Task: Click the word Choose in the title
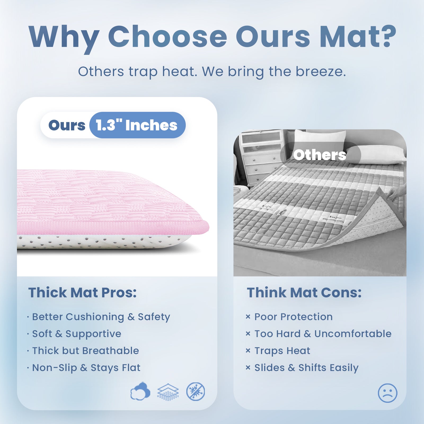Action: coord(167,37)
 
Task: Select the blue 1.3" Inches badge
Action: coord(138,125)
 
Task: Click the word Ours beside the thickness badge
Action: coord(67,125)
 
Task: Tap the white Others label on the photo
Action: coord(320,154)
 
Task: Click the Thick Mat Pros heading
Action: coord(82,293)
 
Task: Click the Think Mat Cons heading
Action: coord(304,293)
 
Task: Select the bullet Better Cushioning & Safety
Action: coord(101,317)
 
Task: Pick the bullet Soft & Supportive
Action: coord(77,334)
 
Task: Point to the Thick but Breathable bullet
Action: coord(85,351)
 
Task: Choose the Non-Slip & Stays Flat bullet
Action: coord(86,368)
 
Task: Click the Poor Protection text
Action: coord(293,317)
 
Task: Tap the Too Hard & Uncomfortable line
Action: coord(323,334)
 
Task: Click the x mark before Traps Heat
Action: coord(248,351)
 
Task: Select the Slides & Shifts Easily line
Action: coord(306,368)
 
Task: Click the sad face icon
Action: coord(387,393)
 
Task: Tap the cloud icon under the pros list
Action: coord(140,391)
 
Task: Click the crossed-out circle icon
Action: coord(196,391)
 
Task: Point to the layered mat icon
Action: coord(168,392)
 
